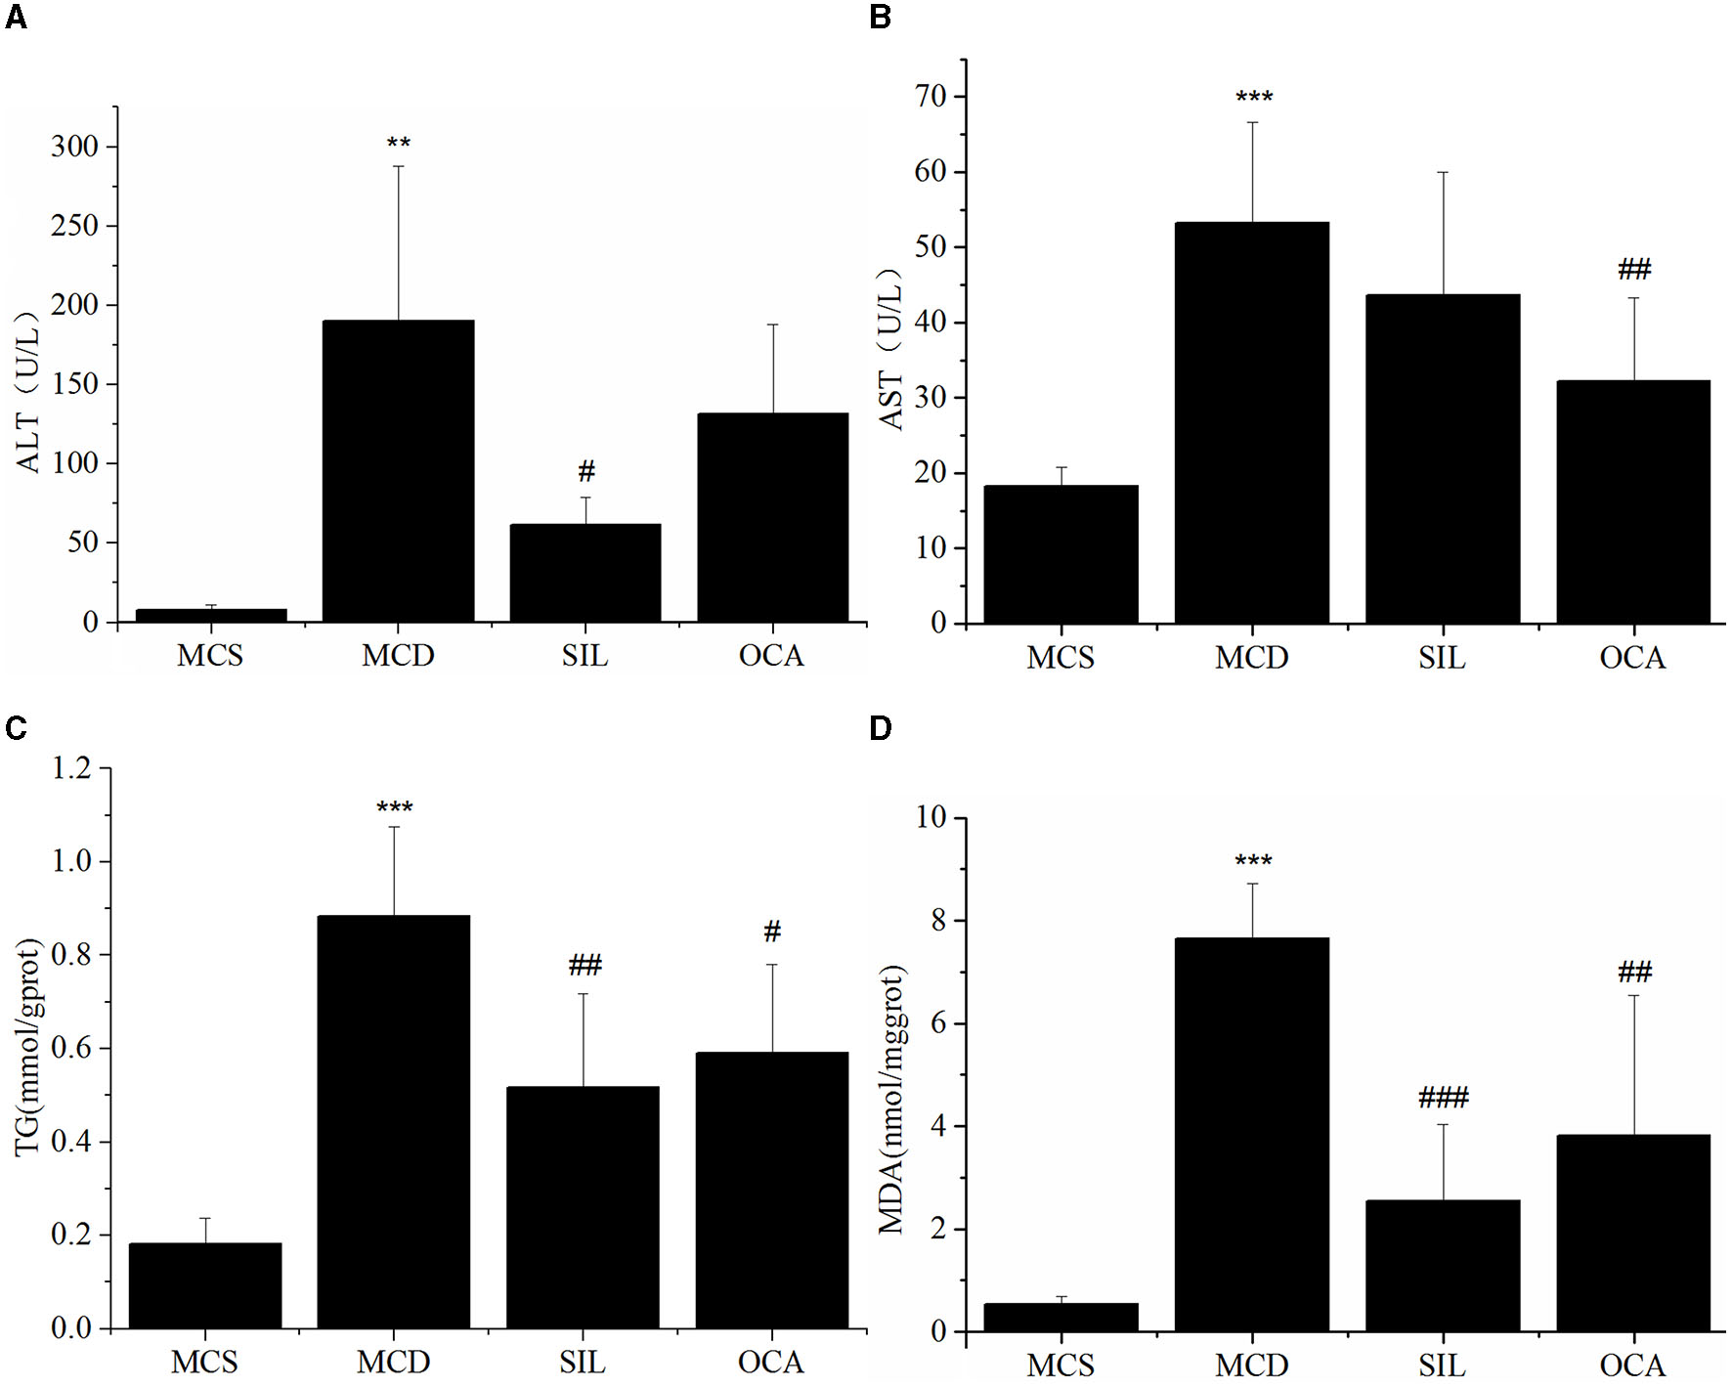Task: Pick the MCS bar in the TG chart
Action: click(x=205, y=1285)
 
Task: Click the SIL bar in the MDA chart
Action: click(x=1442, y=1265)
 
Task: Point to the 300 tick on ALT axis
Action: click(x=75, y=147)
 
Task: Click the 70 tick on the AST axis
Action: click(x=931, y=97)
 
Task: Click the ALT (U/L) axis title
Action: click(x=29, y=391)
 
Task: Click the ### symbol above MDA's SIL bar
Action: click(x=1443, y=1098)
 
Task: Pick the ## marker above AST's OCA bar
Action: click(x=1634, y=269)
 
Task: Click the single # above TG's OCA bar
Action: click(x=772, y=932)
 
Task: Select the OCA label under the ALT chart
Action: click(x=771, y=655)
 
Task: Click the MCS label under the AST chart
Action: click(x=1061, y=658)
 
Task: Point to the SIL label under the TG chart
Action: click(x=583, y=1362)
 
